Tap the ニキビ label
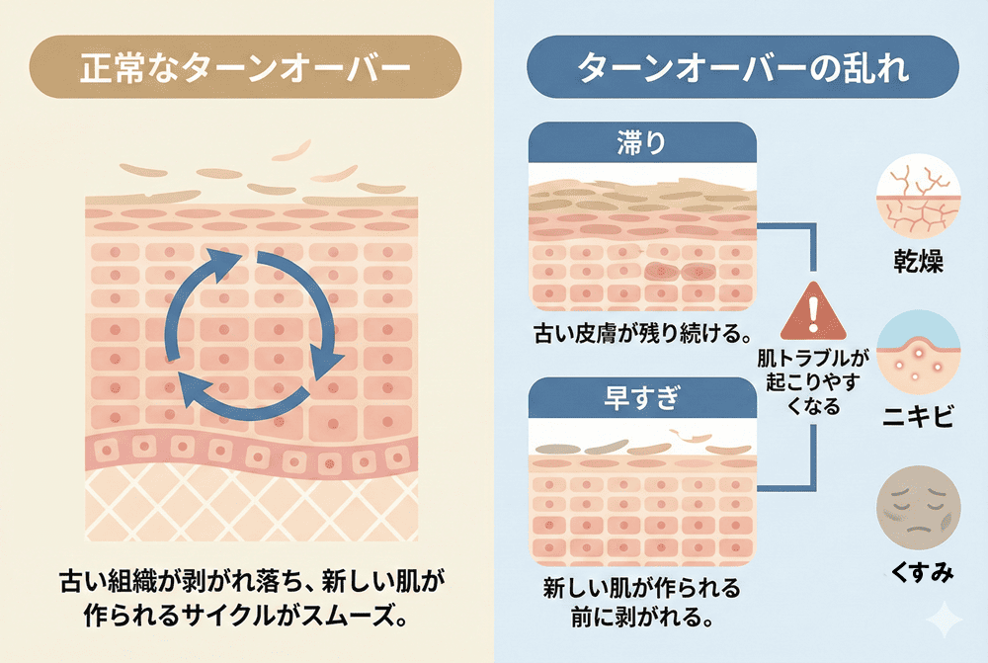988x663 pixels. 916,416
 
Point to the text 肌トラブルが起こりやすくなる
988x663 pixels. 812,381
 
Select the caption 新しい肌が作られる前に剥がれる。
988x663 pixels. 642,603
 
